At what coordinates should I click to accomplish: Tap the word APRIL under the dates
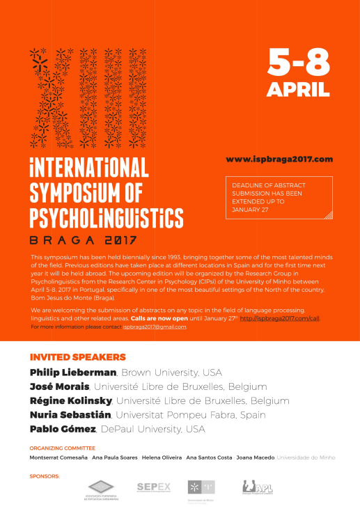299,89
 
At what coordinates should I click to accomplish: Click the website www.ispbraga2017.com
279,159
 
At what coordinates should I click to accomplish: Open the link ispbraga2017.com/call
279,317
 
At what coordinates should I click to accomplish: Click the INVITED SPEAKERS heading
77,357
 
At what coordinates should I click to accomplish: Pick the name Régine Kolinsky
70,400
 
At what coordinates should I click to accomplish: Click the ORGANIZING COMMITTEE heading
62,448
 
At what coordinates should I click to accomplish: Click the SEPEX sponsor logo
154,487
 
